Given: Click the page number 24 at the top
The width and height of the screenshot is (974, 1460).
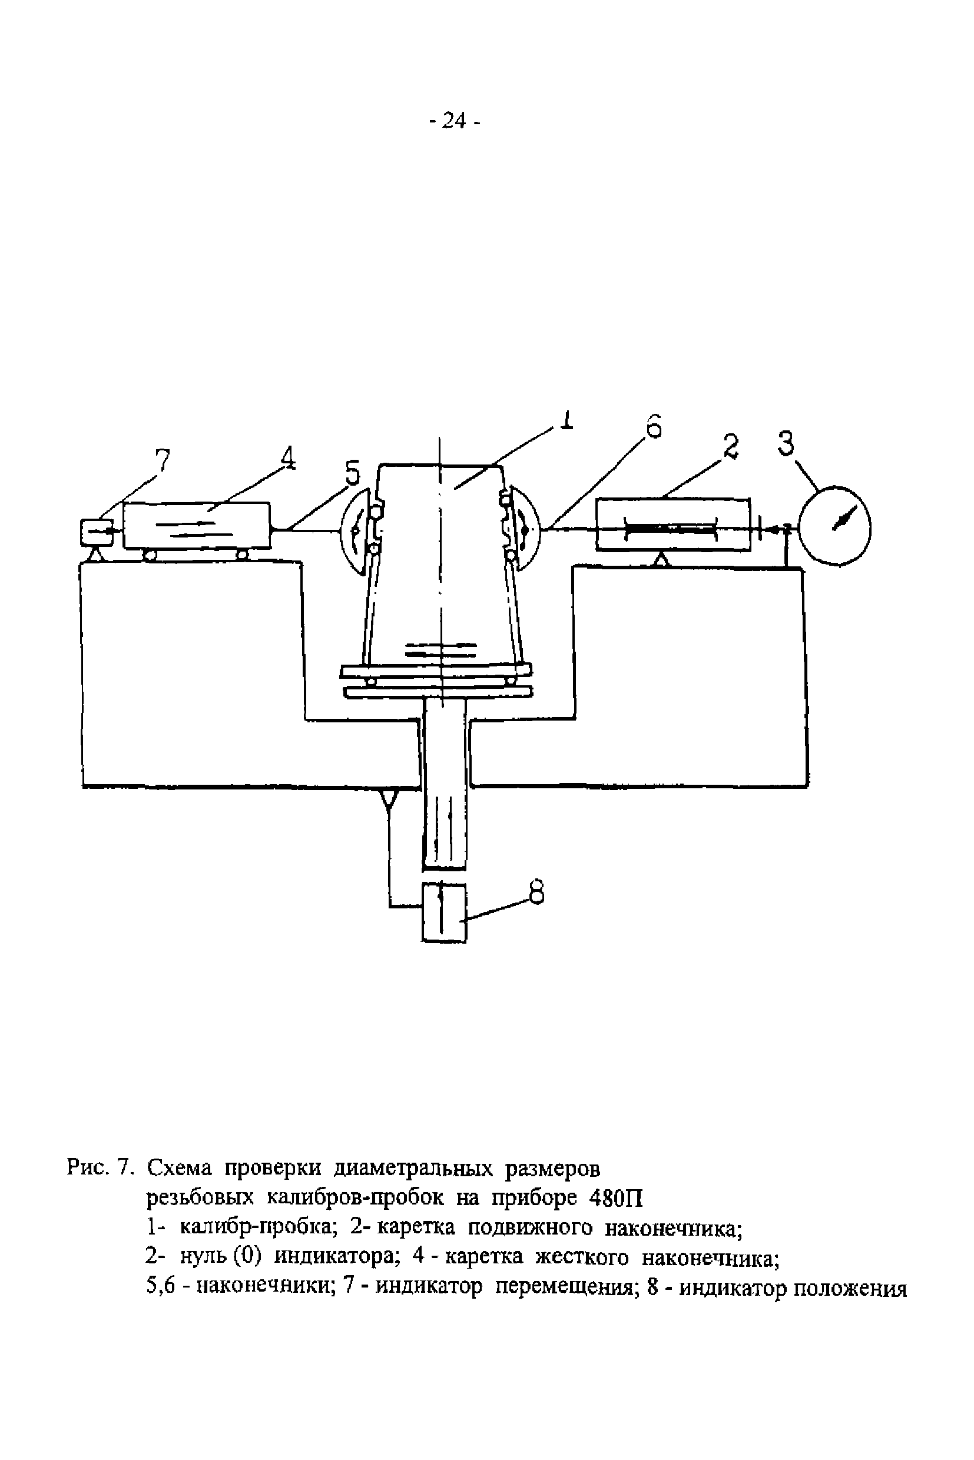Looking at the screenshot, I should pyautogui.click(x=455, y=121).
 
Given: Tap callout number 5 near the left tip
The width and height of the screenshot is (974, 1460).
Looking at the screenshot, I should pyautogui.click(x=352, y=474).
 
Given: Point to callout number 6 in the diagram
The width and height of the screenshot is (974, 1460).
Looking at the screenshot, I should pyautogui.click(x=652, y=429).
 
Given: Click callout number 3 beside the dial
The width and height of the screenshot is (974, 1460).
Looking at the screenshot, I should pyautogui.click(x=786, y=443).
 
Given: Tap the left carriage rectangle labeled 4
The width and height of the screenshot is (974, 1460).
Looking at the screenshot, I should pyautogui.click(x=196, y=525).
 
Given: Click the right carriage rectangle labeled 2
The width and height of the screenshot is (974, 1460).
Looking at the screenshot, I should pyautogui.click(x=672, y=523).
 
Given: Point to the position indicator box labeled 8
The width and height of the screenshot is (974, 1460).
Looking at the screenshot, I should pyautogui.click(x=443, y=912).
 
